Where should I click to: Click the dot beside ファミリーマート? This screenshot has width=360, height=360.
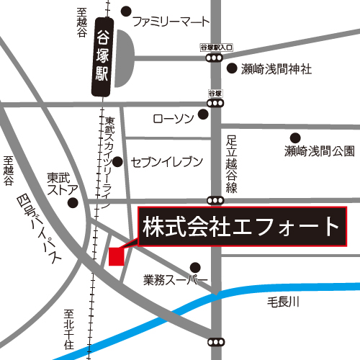(126, 12)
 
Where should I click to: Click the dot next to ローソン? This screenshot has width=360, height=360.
(204, 114)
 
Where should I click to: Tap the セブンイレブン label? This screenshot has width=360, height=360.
(166, 162)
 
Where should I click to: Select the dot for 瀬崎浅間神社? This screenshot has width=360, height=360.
(232, 69)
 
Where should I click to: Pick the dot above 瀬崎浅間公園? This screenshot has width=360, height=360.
(294, 138)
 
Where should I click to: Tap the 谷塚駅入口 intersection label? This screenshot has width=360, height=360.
(217, 47)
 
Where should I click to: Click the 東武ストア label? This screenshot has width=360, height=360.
(60, 184)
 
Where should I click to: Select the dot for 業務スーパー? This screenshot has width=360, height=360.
(194, 266)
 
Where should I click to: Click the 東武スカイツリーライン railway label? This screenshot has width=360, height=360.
(108, 159)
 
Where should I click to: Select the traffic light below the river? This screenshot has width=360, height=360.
(215, 342)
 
